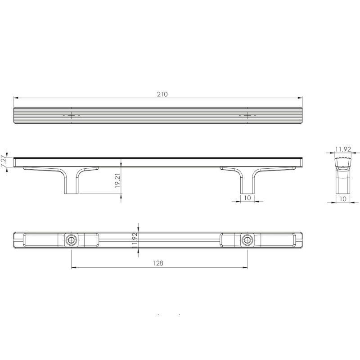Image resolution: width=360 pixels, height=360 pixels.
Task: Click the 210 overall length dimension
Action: [162, 94]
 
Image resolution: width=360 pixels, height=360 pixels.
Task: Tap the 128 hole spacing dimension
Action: [158, 263]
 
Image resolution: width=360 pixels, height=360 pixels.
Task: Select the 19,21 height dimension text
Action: [117, 181]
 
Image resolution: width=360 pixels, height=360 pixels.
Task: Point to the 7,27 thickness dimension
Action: [3, 162]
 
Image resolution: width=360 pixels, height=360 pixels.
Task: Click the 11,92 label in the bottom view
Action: [135, 240]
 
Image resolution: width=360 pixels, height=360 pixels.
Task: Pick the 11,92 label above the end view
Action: [343, 149]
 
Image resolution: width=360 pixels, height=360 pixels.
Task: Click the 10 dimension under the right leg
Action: [247, 198]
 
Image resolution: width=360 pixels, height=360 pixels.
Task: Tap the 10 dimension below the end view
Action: [342, 199]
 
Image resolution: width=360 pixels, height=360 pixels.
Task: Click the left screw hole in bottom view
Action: [71, 240]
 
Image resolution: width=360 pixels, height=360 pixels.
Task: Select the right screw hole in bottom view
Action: [247, 240]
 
